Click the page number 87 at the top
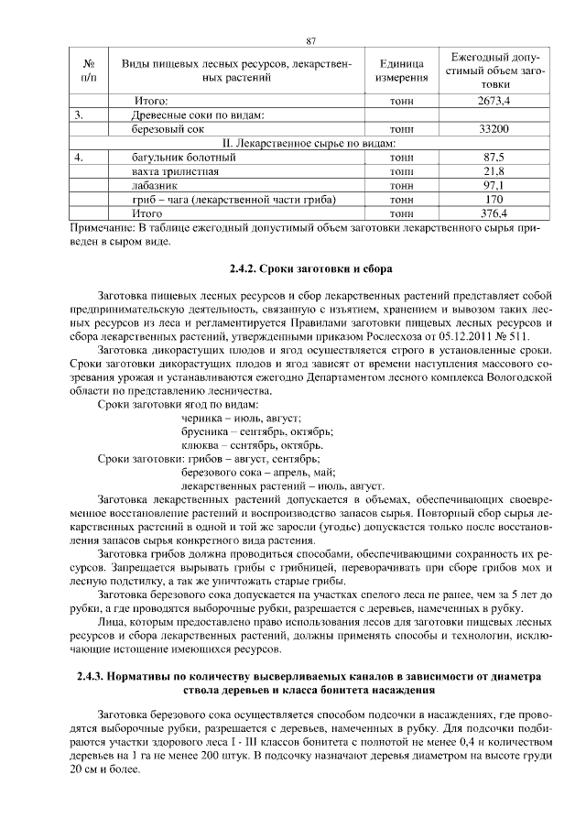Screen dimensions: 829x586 (x=310, y=41)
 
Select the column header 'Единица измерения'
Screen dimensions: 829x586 (x=400, y=71)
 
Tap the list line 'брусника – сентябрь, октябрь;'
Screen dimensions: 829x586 (x=257, y=431)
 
